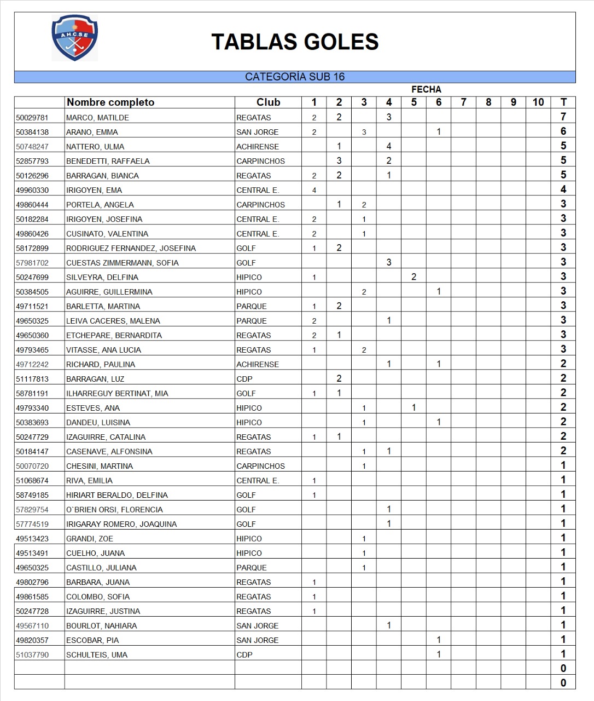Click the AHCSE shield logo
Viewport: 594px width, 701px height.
tap(75, 38)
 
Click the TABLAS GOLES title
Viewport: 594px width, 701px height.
tap(295, 42)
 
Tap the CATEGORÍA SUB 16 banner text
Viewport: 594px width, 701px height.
tap(295, 77)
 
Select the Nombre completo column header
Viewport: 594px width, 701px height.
tap(110, 102)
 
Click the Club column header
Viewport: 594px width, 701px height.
tap(268, 102)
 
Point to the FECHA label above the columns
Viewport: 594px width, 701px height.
tap(426, 89)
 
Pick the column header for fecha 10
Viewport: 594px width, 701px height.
tap(538, 102)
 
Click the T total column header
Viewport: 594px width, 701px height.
tap(563, 102)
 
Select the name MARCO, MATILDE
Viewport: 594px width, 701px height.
tap(97, 118)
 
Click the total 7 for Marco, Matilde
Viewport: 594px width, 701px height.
tap(563, 117)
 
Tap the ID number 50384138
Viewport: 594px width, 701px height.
tap(32, 132)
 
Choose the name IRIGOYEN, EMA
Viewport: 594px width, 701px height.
tap(94, 190)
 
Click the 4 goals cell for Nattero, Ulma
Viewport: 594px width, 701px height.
tap(389, 146)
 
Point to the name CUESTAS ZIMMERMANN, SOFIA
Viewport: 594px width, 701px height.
tap(123, 263)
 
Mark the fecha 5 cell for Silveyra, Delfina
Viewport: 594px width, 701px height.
tap(414, 277)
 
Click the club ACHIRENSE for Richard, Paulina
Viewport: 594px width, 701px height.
tap(258, 364)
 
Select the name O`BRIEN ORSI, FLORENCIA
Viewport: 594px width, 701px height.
tap(114, 509)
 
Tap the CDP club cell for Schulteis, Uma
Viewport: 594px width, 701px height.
tap(244, 654)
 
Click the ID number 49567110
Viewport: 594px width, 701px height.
tap(32, 625)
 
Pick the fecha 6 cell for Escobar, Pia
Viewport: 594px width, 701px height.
tap(439, 640)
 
